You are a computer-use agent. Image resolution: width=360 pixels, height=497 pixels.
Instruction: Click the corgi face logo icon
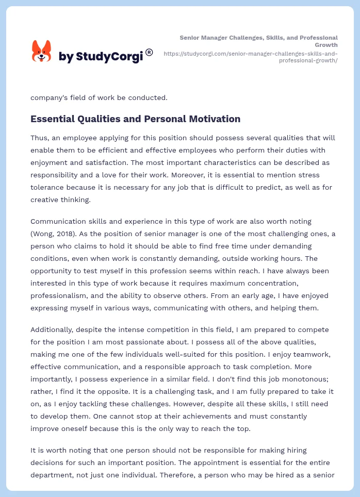[42, 51]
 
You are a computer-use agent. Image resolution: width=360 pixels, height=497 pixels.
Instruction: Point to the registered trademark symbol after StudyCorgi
[149, 52]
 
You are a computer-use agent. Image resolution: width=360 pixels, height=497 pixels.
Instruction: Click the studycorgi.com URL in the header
[250, 57]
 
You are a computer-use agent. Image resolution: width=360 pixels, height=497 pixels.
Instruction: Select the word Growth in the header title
[326, 45]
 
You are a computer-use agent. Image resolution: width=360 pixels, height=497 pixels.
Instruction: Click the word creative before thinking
[45, 200]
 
